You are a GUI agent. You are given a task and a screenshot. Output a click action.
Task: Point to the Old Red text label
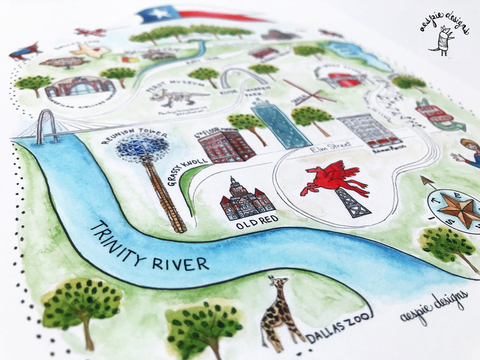pyautogui.click(x=257, y=224)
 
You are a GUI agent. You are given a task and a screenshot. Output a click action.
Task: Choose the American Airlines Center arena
pyautogui.click(x=79, y=87)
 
